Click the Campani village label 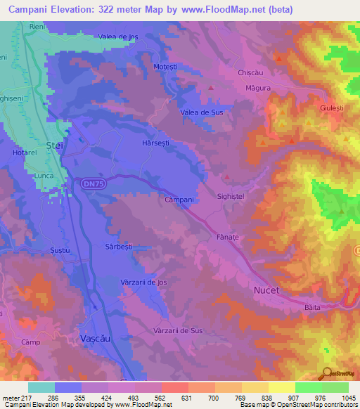pos(179,200)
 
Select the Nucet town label pos(266,290)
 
